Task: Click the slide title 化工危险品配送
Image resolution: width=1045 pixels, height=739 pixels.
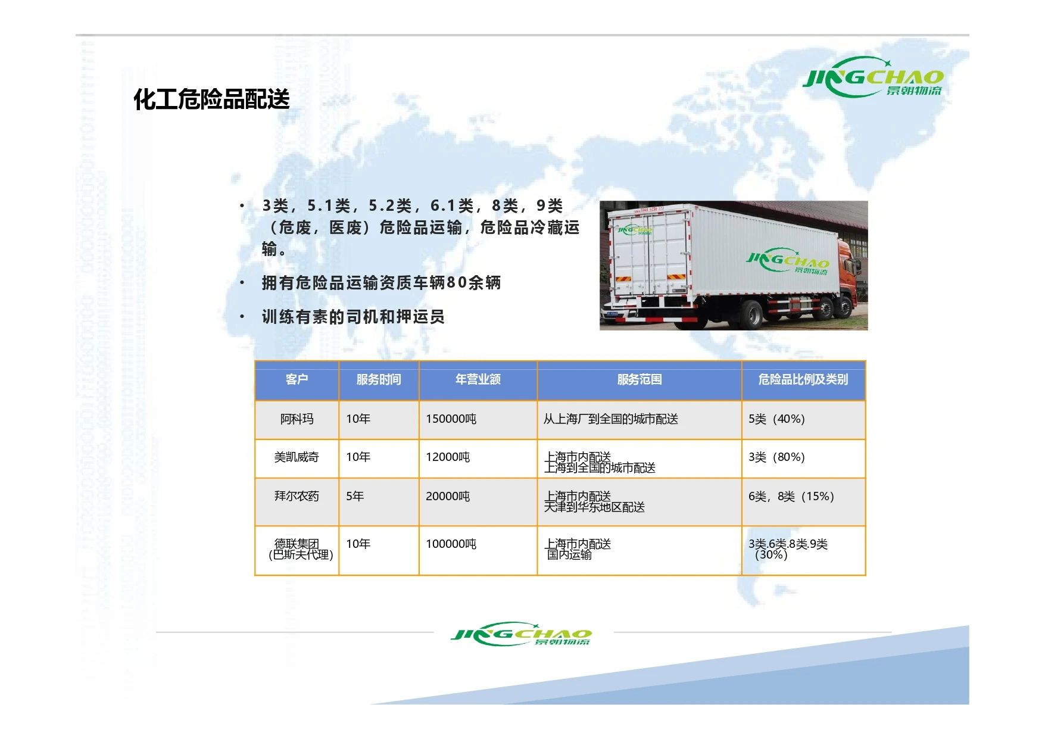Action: click(x=211, y=99)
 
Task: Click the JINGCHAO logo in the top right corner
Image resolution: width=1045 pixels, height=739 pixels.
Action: click(x=873, y=77)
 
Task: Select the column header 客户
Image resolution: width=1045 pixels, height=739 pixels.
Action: click(x=297, y=379)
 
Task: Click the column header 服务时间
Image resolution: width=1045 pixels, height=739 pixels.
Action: click(x=379, y=379)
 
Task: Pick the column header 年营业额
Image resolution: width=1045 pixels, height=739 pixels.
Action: click(x=478, y=379)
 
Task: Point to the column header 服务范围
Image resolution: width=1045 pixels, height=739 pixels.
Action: click(x=640, y=379)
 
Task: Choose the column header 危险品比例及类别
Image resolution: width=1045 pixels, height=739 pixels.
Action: click(x=803, y=379)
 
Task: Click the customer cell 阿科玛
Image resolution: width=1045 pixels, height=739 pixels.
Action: click(x=297, y=419)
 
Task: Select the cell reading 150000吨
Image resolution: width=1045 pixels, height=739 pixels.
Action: click(x=451, y=419)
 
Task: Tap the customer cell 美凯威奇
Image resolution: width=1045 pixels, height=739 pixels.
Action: click(x=297, y=457)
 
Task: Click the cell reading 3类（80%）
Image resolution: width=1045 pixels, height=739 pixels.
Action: click(x=776, y=457)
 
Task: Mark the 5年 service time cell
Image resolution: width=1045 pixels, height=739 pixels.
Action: click(x=355, y=496)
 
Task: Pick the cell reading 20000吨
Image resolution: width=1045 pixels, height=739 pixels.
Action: click(x=448, y=496)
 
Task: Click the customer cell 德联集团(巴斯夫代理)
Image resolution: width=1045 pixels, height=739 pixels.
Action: click(x=300, y=549)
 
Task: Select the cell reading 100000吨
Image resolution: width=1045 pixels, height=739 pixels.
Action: click(x=451, y=544)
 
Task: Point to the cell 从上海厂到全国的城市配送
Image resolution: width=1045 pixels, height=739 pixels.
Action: click(x=611, y=419)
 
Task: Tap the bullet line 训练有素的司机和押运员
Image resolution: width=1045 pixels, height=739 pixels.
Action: click(x=353, y=317)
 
